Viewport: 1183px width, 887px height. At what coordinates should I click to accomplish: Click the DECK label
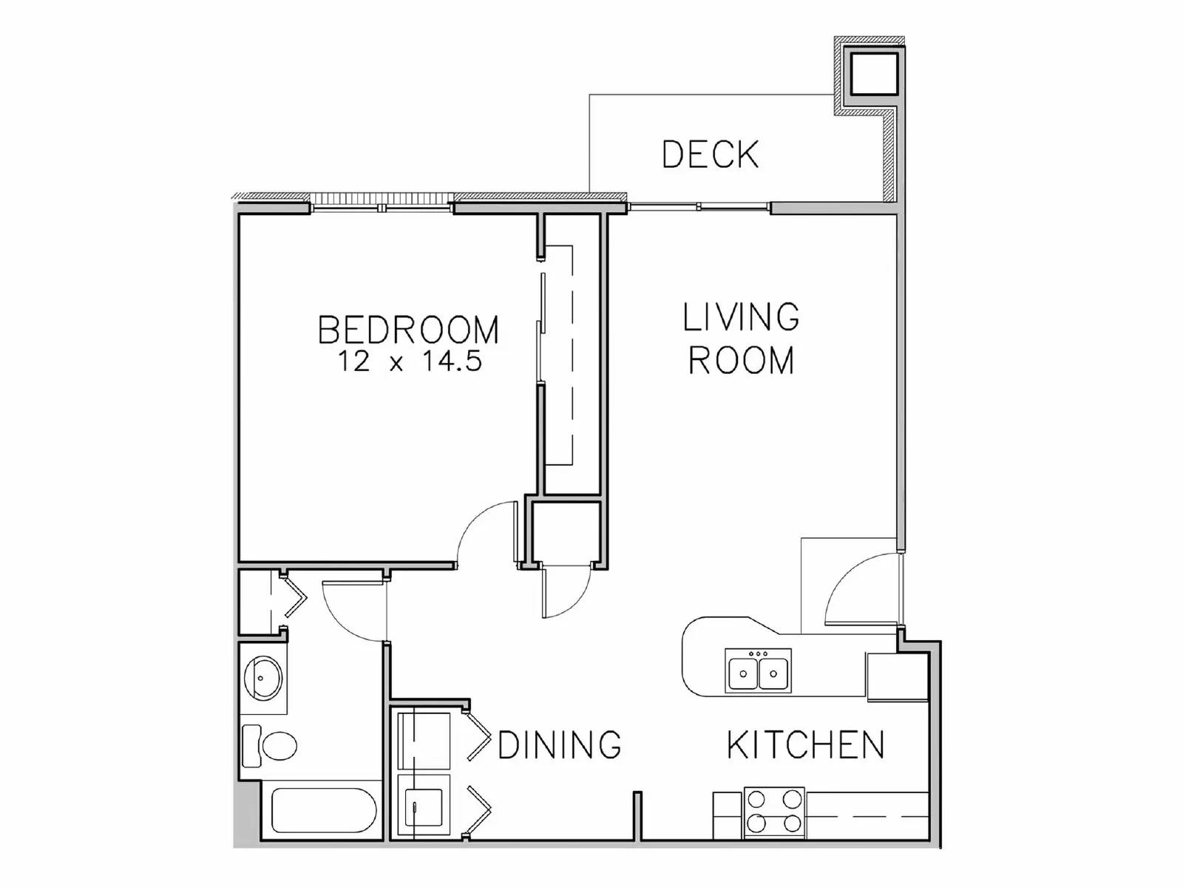tap(710, 154)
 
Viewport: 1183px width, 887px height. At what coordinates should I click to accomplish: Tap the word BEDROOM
tap(408, 330)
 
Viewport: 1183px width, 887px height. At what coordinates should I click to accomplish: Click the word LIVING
tap(740, 317)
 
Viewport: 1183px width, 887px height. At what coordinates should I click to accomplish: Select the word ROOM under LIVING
tap(741, 360)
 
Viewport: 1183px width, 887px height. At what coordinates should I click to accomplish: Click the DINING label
tap(560, 744)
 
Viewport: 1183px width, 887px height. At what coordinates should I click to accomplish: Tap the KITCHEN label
tap(805, 744)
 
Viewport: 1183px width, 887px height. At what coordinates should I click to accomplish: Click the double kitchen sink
tap(758, 671)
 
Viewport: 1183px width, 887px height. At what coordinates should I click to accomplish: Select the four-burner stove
tap(773, 811)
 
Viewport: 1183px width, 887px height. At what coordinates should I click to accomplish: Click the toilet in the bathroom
tap(272, 745)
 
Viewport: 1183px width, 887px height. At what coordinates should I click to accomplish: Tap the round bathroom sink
tap(262, 677)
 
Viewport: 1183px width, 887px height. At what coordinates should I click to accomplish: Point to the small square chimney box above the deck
tap(874, 73)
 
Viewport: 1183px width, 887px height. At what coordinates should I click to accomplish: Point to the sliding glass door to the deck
tap(699, 208)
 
